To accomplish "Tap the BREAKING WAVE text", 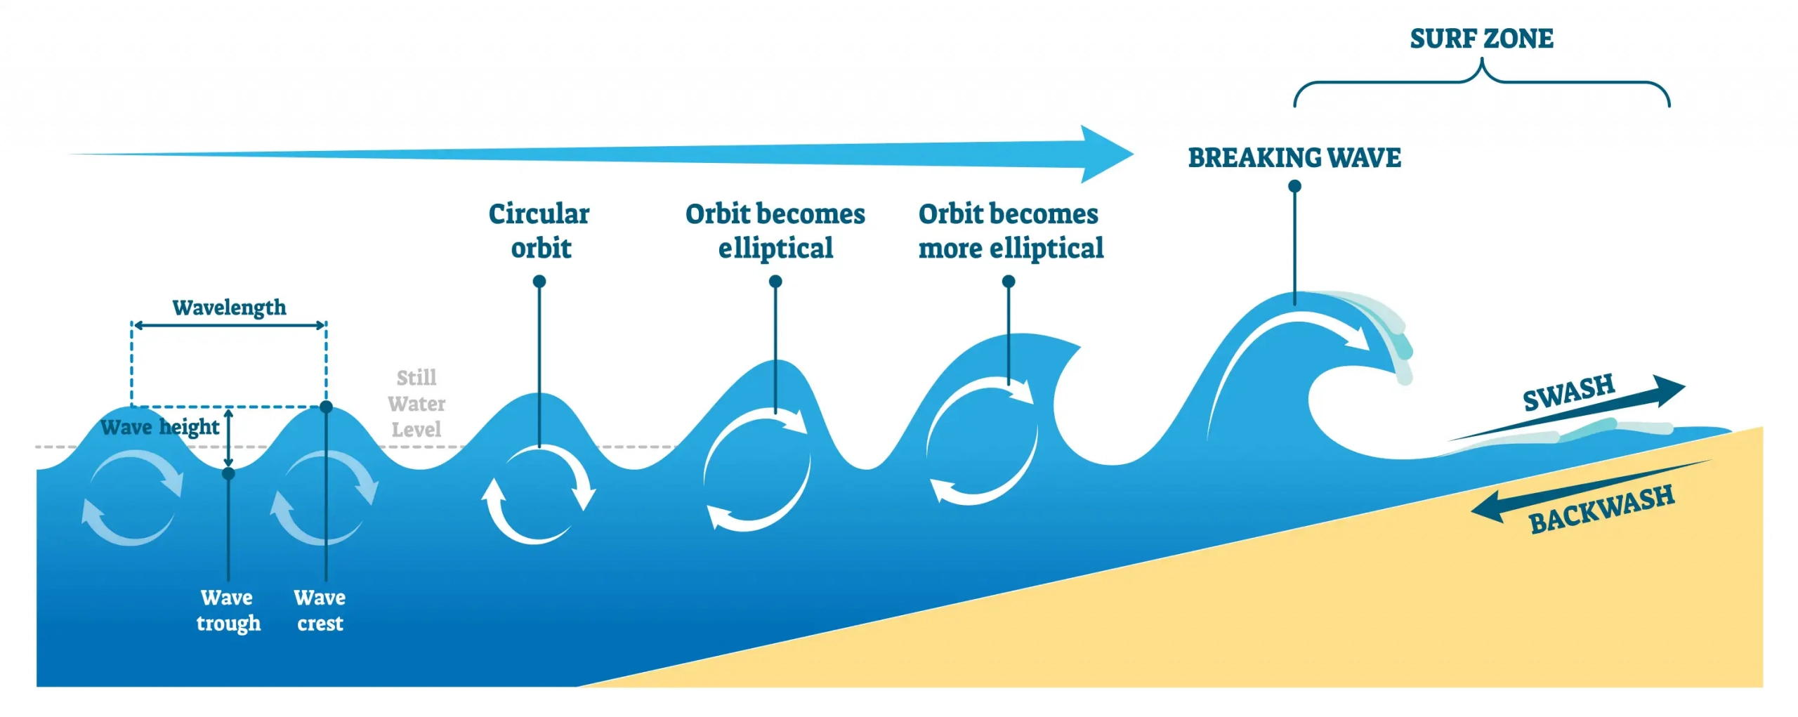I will pos(1294,157).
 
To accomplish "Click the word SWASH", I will pos(1568,393).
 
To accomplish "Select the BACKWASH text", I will pos(1601,509).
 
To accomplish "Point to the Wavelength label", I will pos(229,308).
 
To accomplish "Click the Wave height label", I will pos(159,427).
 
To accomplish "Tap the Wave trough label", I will pos(228,610).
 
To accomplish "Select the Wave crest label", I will pos(320,610).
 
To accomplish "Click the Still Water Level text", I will pos(416,404).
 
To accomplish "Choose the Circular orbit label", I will pos(539,230).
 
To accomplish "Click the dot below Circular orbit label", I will pos(539,282).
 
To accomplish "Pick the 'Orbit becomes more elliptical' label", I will pos(1010,230).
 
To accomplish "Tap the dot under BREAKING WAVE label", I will pos(1294,186).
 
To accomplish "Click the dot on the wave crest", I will pos(326,407).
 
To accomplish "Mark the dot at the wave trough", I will pos(228,473).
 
